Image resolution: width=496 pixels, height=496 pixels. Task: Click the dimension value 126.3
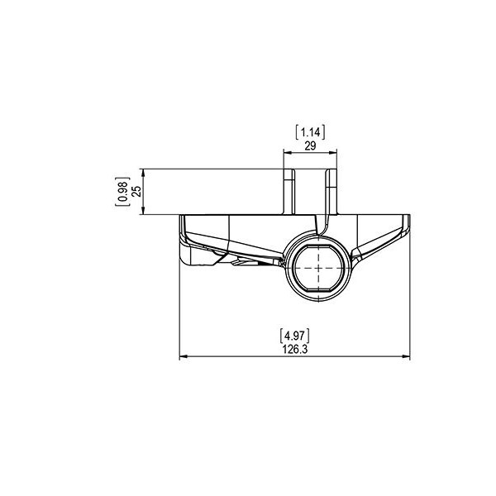pyautogui.click(x=295, y=349)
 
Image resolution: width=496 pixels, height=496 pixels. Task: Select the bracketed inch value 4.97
pyautogui.click(x=295, y=336)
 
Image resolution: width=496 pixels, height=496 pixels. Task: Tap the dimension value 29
pyautogui.click(x=310, y=145)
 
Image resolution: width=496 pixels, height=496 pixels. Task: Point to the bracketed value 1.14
pyautogui.click(x=310, y=132)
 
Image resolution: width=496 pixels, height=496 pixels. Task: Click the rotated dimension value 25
pyautogui.click(x=136, y=192)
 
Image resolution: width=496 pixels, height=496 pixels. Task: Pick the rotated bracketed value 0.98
pyautogui.click(x=122, y=192)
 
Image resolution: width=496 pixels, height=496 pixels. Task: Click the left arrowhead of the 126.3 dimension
pyautogui.click(x=184, y=356)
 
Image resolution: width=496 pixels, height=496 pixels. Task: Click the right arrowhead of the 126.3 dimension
pyautogui.click(x=406, y=356)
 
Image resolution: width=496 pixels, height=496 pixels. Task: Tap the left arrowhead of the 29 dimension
pyautogui.click(x=287, y=153)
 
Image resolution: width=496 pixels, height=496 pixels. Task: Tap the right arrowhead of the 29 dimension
pyautogui.click(x=333, y=153)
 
